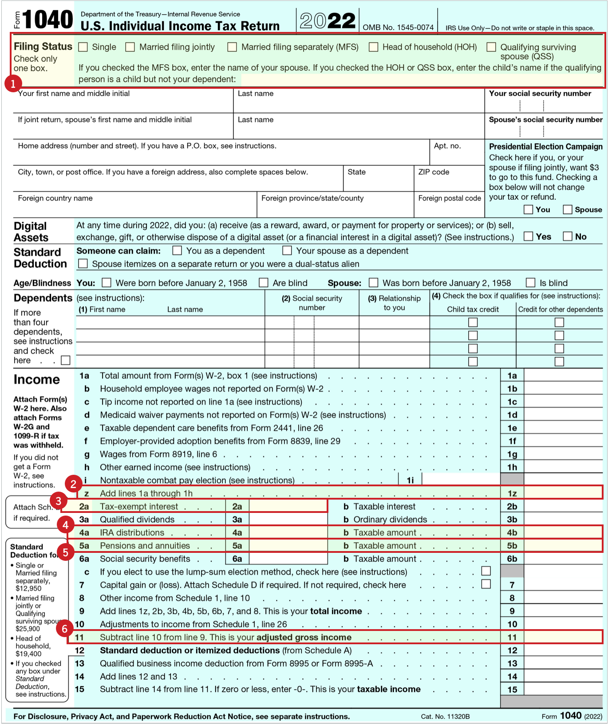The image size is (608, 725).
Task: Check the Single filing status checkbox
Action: tap(83, 47)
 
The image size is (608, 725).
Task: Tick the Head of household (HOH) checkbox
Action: tap(374, 47)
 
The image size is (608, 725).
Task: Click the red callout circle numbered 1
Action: tap(13, 83)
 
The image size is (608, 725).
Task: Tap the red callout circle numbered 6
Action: tap(64, 628)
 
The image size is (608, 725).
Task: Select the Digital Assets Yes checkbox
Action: tap(528, 236)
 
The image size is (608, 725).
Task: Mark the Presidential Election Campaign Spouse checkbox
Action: tap(567, 209)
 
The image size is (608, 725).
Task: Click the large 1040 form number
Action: tap(47, 20)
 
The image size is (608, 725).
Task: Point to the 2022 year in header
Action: tap(328, 21)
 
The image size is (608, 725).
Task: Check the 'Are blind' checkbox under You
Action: tap(264, 283)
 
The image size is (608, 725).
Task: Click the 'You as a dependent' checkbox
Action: tap(177, 251)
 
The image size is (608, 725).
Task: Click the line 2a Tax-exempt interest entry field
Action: tap(288, 506)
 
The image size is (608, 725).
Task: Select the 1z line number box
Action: tap(512, 493)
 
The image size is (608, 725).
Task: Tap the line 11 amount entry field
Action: tap(563, 637)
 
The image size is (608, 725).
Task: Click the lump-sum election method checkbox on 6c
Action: tap(486, 571)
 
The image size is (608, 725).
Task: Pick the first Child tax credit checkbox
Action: tap(473, 323)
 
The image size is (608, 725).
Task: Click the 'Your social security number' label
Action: tap(540, 94)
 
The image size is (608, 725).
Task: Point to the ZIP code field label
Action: tap(434, 172)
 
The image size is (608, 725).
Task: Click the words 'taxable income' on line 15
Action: tap(389, 689)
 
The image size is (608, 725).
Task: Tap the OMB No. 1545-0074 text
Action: tap(398, 28)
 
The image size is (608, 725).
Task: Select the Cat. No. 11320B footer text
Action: tap(445, 716)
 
